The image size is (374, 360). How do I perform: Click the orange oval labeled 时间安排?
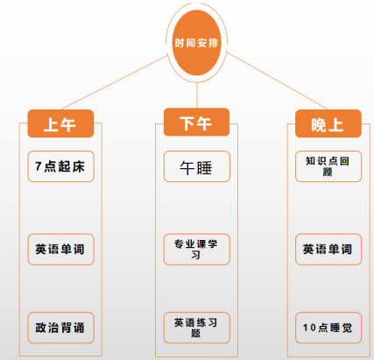[x=196, y=43]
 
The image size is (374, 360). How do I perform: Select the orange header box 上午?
[x=60, y=124]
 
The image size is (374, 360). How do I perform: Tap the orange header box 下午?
[x=196, y=122]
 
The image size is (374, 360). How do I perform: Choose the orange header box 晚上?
[x=328, y=124]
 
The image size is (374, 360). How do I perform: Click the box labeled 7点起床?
[x=60, y=166]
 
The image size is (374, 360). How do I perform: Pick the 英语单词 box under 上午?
[x=60, y=250]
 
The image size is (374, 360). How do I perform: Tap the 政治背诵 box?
[x=60, y=328]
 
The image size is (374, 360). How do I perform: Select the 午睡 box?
[x=197, y=166]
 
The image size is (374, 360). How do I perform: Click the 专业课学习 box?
[x=197, y=250]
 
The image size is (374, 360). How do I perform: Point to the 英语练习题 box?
[x=197, y=328]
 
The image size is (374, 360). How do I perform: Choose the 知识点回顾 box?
[x=328, y=166]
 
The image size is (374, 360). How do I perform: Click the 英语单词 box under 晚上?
[x=328, y=250]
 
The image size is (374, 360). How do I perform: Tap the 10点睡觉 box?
[x=328, y=328]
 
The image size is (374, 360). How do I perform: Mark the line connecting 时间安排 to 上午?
[x=115, y=82]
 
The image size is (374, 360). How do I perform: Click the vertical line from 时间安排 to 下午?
[x=197, y=95]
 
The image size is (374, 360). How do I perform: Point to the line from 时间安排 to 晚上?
[x=278, y=81]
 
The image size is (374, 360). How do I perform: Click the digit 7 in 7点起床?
[x=39, y=166]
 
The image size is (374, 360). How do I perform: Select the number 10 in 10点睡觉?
[x=309, y=328]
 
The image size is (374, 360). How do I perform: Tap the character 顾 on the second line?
[x=328, y=172]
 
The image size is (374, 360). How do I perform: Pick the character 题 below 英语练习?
[x=196, y=333]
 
